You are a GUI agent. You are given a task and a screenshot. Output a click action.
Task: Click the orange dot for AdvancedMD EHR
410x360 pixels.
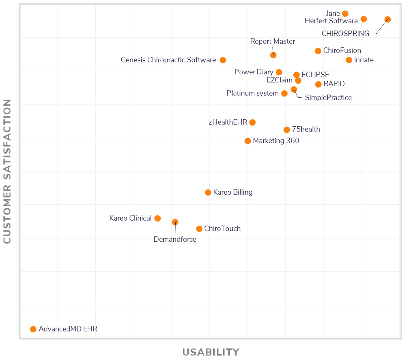[x=33, y=329]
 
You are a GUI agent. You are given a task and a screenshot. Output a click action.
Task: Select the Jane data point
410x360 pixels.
[x=345, y=13]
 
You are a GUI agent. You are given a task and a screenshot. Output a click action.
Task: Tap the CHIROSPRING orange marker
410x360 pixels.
[x=388, y=20]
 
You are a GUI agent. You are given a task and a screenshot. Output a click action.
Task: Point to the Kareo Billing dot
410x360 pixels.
[x=208, y=192]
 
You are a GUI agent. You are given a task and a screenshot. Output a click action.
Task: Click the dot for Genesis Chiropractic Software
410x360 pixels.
[x=223, y=60]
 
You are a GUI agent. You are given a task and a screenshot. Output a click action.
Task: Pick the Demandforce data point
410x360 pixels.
[x=175, y=222]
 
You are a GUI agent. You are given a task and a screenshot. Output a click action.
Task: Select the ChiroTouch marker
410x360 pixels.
[x=199, y=229]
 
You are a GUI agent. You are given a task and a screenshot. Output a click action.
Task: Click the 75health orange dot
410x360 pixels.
[x=287, y=130]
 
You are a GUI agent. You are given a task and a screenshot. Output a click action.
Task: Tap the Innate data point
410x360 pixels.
[x=349, y=60]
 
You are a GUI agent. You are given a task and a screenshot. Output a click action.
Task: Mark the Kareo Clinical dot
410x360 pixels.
[x=158, y=218]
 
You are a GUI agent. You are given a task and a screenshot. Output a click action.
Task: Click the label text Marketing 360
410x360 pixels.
[x=276, y=141]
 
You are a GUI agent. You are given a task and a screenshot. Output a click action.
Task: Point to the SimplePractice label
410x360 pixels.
[x=328, y=97]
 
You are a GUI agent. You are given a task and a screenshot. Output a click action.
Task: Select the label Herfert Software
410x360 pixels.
[x=331, y=21]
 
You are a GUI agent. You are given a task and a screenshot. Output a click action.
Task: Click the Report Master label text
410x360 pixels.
[x=273, y=41]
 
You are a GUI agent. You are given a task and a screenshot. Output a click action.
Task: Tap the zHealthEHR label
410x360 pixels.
[x=228, y=122]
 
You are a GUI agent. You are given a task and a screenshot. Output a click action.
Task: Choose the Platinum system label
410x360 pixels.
[x=252, y=93]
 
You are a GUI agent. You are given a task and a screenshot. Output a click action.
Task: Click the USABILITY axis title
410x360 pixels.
[x=211, y=352]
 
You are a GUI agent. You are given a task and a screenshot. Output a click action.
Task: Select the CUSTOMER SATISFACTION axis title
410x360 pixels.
[x=7, y=171]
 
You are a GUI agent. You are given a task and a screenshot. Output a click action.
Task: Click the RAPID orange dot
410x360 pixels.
[x=318, y=84]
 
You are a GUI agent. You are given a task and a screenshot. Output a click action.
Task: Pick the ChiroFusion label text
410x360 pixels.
[x=342, y=51]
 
